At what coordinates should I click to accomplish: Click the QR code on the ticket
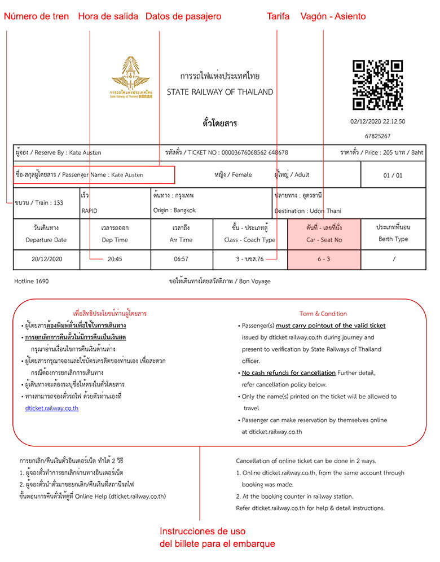(x=377, y=85)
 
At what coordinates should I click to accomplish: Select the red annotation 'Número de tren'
(x=37, y=16)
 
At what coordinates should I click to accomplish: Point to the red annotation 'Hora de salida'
(x=108, y=16)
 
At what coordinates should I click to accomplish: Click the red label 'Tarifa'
(x=278, y=16)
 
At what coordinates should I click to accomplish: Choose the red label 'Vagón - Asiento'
(x=333, y=16)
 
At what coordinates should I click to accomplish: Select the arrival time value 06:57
(x=182, y=259)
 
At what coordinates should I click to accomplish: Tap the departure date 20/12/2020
(x=46, y=259)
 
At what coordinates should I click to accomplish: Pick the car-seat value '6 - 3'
(x=324, y=259)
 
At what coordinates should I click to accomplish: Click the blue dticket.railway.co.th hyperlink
(x=51, y=408)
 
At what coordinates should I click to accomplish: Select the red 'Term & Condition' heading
(x=323, y=314)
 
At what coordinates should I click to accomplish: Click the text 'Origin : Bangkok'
(x=174, y=210)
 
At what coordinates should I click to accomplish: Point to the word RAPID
(x=89, y=210)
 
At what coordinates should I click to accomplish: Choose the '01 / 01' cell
(x=393, y=175)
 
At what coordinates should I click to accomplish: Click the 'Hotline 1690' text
(x=32, y=281)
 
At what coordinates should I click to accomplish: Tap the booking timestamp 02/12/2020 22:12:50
(x=377, y=121)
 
